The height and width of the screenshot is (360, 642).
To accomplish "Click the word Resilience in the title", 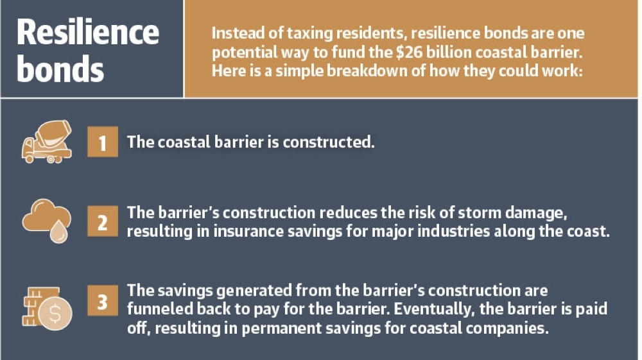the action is pos(87,32).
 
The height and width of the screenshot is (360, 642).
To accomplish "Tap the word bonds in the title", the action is pos(60,68).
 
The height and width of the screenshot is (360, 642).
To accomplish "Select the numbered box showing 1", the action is pos(102,142).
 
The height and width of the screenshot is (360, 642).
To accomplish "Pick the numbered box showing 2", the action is pos(102,221).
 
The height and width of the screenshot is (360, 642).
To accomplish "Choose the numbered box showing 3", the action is pos(102,301).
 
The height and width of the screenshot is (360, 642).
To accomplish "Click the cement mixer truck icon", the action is pos(47,142).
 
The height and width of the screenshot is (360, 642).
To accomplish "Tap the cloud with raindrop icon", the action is pos(46,221).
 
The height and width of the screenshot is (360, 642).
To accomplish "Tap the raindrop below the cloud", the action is pos(59,232).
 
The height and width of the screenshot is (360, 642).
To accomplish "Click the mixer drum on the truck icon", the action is pos(53,133).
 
